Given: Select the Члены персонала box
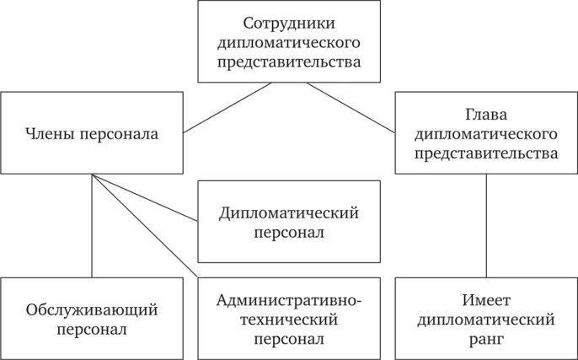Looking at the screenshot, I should pos(92,132).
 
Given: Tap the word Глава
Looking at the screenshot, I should pos(486,114).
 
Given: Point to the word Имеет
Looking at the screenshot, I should pos(486,300).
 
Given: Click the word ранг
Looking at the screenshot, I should pos(486,339).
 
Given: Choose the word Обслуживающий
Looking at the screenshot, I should pos(92,309).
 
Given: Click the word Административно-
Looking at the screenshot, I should pos(288,300).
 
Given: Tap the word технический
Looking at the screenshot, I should pos(288,320).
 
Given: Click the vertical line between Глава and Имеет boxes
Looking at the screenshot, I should pos(486,225).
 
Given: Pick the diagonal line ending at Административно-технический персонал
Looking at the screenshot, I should pos(147,228).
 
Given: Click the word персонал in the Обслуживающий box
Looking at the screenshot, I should pos(92,330).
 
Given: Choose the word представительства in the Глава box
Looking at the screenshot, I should pos(486,153).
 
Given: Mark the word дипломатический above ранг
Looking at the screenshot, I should pos(486,320).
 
